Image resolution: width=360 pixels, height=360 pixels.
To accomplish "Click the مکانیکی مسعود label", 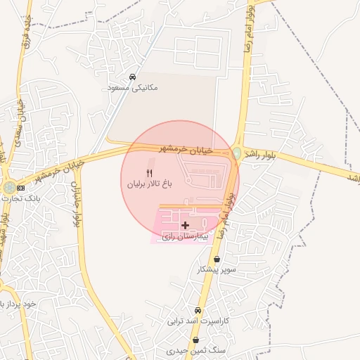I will pyautogui.click(x=133, y=88).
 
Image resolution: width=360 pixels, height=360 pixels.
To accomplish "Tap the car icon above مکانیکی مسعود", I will pyautogui.click(x=133, y=77).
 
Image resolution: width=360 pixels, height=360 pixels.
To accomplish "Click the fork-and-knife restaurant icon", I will pyautogui.click(x=149, y=172).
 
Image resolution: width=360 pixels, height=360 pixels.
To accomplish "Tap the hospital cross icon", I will pyautogui.click(x=185, y=226).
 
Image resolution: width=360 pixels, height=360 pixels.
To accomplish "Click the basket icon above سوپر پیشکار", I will pyautogui.click(x=226, y=259).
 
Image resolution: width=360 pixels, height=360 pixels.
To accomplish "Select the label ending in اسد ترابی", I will pyautogui.click(x=198, y=321).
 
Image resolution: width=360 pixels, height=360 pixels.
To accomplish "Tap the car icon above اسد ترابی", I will pyautogui.click(x=198, y=310).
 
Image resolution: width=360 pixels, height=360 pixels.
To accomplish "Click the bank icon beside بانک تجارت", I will pyautogui.click(x=20, y=188).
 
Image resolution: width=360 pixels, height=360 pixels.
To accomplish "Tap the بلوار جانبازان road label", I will pyautogui.click(x=72, y=204).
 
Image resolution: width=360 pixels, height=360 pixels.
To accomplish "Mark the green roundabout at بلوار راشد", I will pyautogui.click(x=237, y=153).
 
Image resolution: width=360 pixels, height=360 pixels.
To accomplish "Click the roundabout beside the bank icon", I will pyautogui.click(x=8, y=188).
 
